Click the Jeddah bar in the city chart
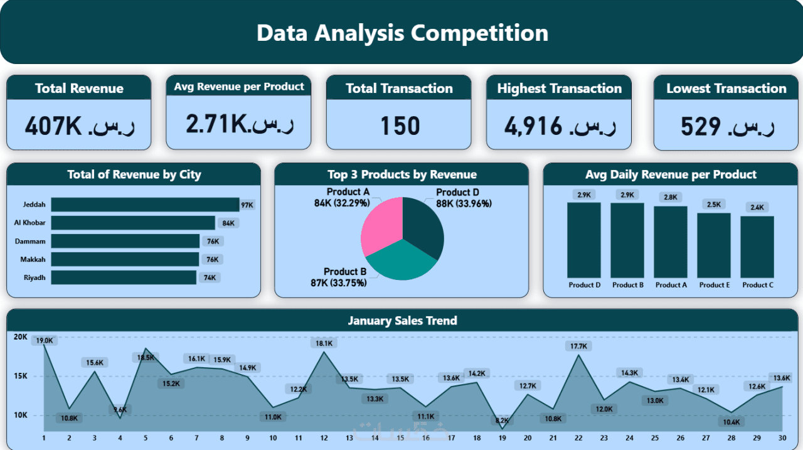tap(145, 205)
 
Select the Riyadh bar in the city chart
tap(124, 277)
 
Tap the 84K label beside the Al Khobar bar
tap(228, 223)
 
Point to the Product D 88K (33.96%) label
tap(464, 198)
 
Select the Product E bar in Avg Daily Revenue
tap(713, 245)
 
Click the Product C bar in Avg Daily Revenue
tap(757, 247)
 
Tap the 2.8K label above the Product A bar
tap(671, 197)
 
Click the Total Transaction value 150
tap(400, 126)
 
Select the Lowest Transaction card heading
tap(726, 88)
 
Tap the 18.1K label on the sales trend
tap(324, 343)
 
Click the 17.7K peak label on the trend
tap(579, 346)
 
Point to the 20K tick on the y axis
tap(21, 337)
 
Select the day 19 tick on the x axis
tap(501, 438)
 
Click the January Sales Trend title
tap(402, 321)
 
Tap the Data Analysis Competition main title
tap(402, 33)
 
